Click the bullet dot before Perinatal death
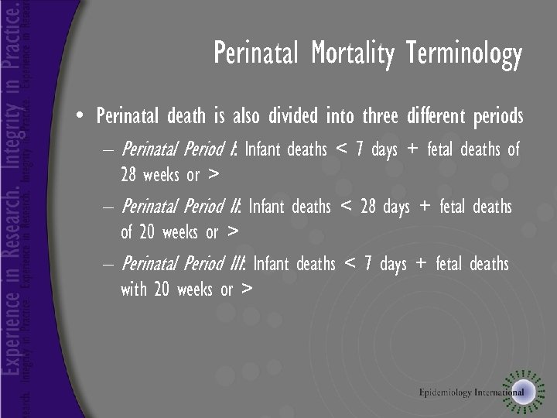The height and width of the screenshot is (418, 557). (80, 117)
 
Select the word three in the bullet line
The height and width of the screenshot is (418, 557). (374, 117)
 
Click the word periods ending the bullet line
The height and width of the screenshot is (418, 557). (494, 117)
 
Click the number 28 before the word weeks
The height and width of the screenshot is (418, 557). (130, 175)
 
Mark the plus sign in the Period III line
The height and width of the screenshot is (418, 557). (421, 264)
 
